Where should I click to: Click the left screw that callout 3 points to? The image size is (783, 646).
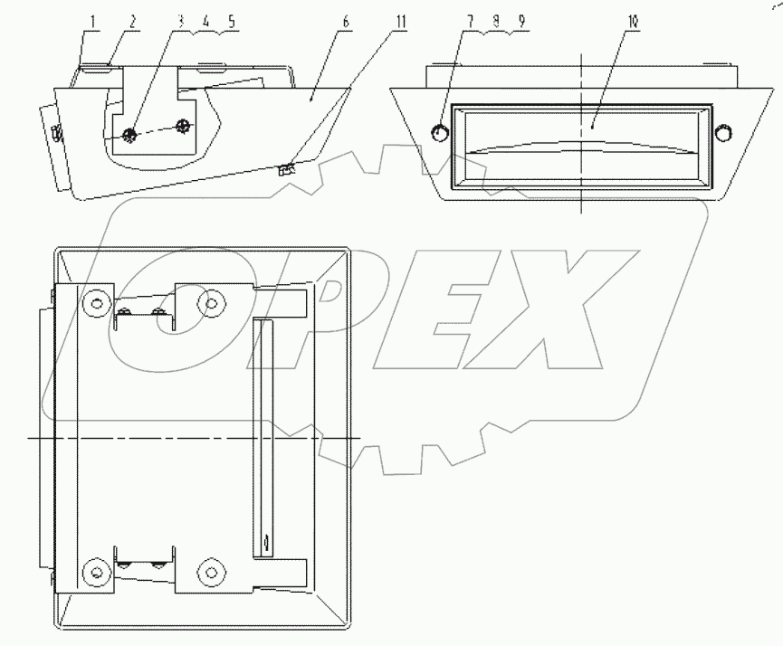pyautogui.click(x=129, y=134)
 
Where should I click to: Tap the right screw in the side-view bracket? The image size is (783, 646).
pyautogui.click(x=185, y=125)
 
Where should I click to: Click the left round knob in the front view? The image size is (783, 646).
pyautogui.click(x=439, y=133)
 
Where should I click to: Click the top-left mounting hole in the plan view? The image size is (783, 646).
pyautogui.click(x=94, y=299)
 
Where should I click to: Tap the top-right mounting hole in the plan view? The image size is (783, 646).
pyautogui.click(x=212, y=300)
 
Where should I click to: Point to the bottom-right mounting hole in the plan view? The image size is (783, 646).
pyautogui.click(x=212, y=572)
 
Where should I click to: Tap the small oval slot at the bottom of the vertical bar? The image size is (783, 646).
pyautogui.click(x=266, y=543)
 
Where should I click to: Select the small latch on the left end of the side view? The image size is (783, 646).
pyautogui.click(x=56, y=136)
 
